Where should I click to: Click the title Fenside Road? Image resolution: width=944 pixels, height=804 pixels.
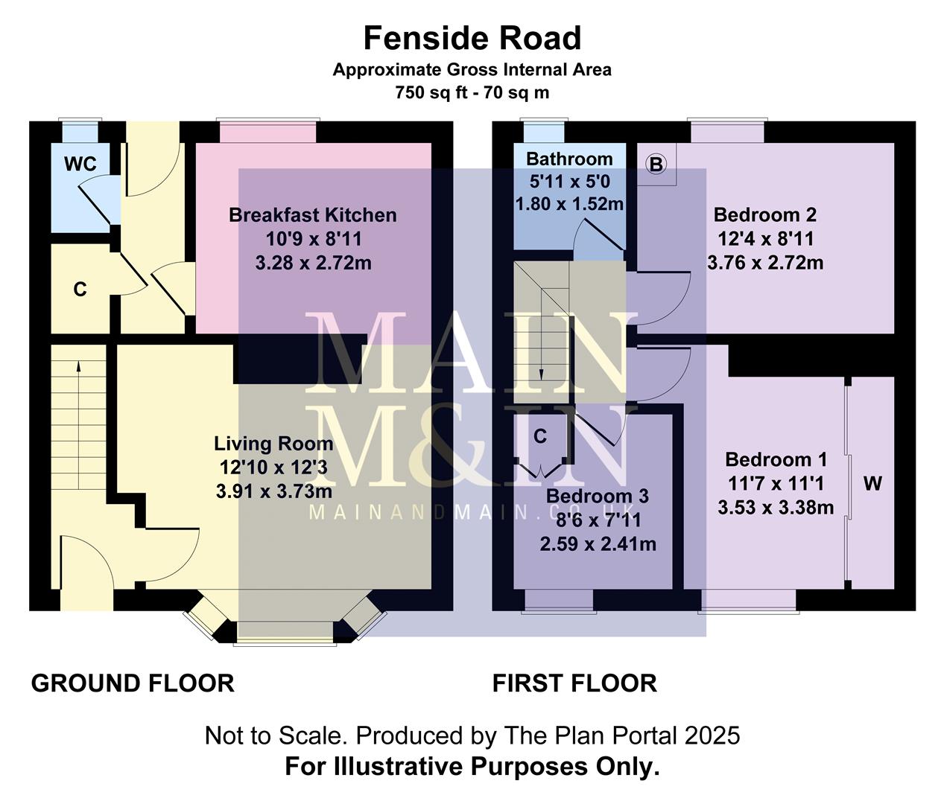[472, 38]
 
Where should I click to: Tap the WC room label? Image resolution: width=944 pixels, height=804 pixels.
[80, 164]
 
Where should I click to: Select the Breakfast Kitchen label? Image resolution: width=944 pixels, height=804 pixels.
[312, 215]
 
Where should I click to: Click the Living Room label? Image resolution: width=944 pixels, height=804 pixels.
[273, 444]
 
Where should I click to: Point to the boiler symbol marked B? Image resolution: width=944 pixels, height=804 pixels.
[656, 164]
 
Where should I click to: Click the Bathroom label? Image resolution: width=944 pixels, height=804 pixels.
[569, 159]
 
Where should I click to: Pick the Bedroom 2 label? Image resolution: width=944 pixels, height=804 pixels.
[764, 215]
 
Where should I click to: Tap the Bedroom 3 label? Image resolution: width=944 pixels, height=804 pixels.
[597, 496]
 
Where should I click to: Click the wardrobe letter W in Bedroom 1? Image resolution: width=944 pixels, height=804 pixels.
[872, 484]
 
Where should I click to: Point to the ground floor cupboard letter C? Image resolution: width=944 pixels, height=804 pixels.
[80, 290]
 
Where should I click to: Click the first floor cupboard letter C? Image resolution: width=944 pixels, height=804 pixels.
[540, 436]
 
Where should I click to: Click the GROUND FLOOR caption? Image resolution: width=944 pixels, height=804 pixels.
[133, 683]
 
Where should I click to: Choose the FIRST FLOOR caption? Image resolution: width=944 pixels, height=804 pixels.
[574, 683]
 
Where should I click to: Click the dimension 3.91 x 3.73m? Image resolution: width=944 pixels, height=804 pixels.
[273, 491]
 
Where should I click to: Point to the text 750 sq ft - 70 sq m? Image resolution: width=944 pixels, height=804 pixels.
[472, 93]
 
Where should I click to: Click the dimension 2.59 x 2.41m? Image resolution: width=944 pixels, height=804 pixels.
[598, 544]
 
